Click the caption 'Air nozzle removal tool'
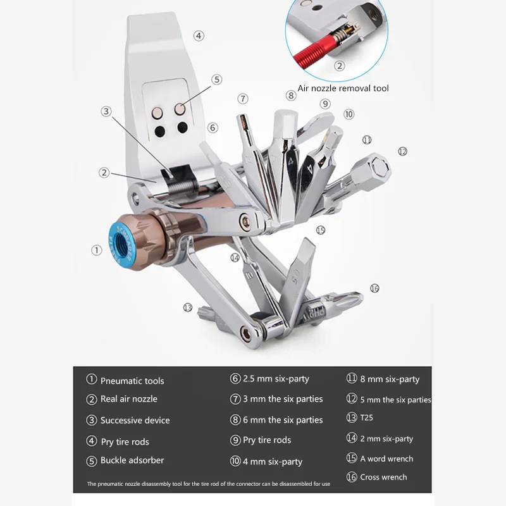(343, 88)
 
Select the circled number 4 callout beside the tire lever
(199, 36)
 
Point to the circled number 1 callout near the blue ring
(96, 250)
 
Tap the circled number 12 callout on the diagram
(402, 151)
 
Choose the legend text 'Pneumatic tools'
(132, 381)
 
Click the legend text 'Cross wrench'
(383, 477)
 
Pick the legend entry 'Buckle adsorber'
(132, 460)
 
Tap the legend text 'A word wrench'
(386, 459)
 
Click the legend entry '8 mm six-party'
(390, 379)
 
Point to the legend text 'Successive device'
(135, 420)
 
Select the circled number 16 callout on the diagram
(374, 288)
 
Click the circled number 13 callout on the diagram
(187, 307)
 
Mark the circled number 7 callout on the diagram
(243, 99)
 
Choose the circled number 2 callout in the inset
(340, 65)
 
